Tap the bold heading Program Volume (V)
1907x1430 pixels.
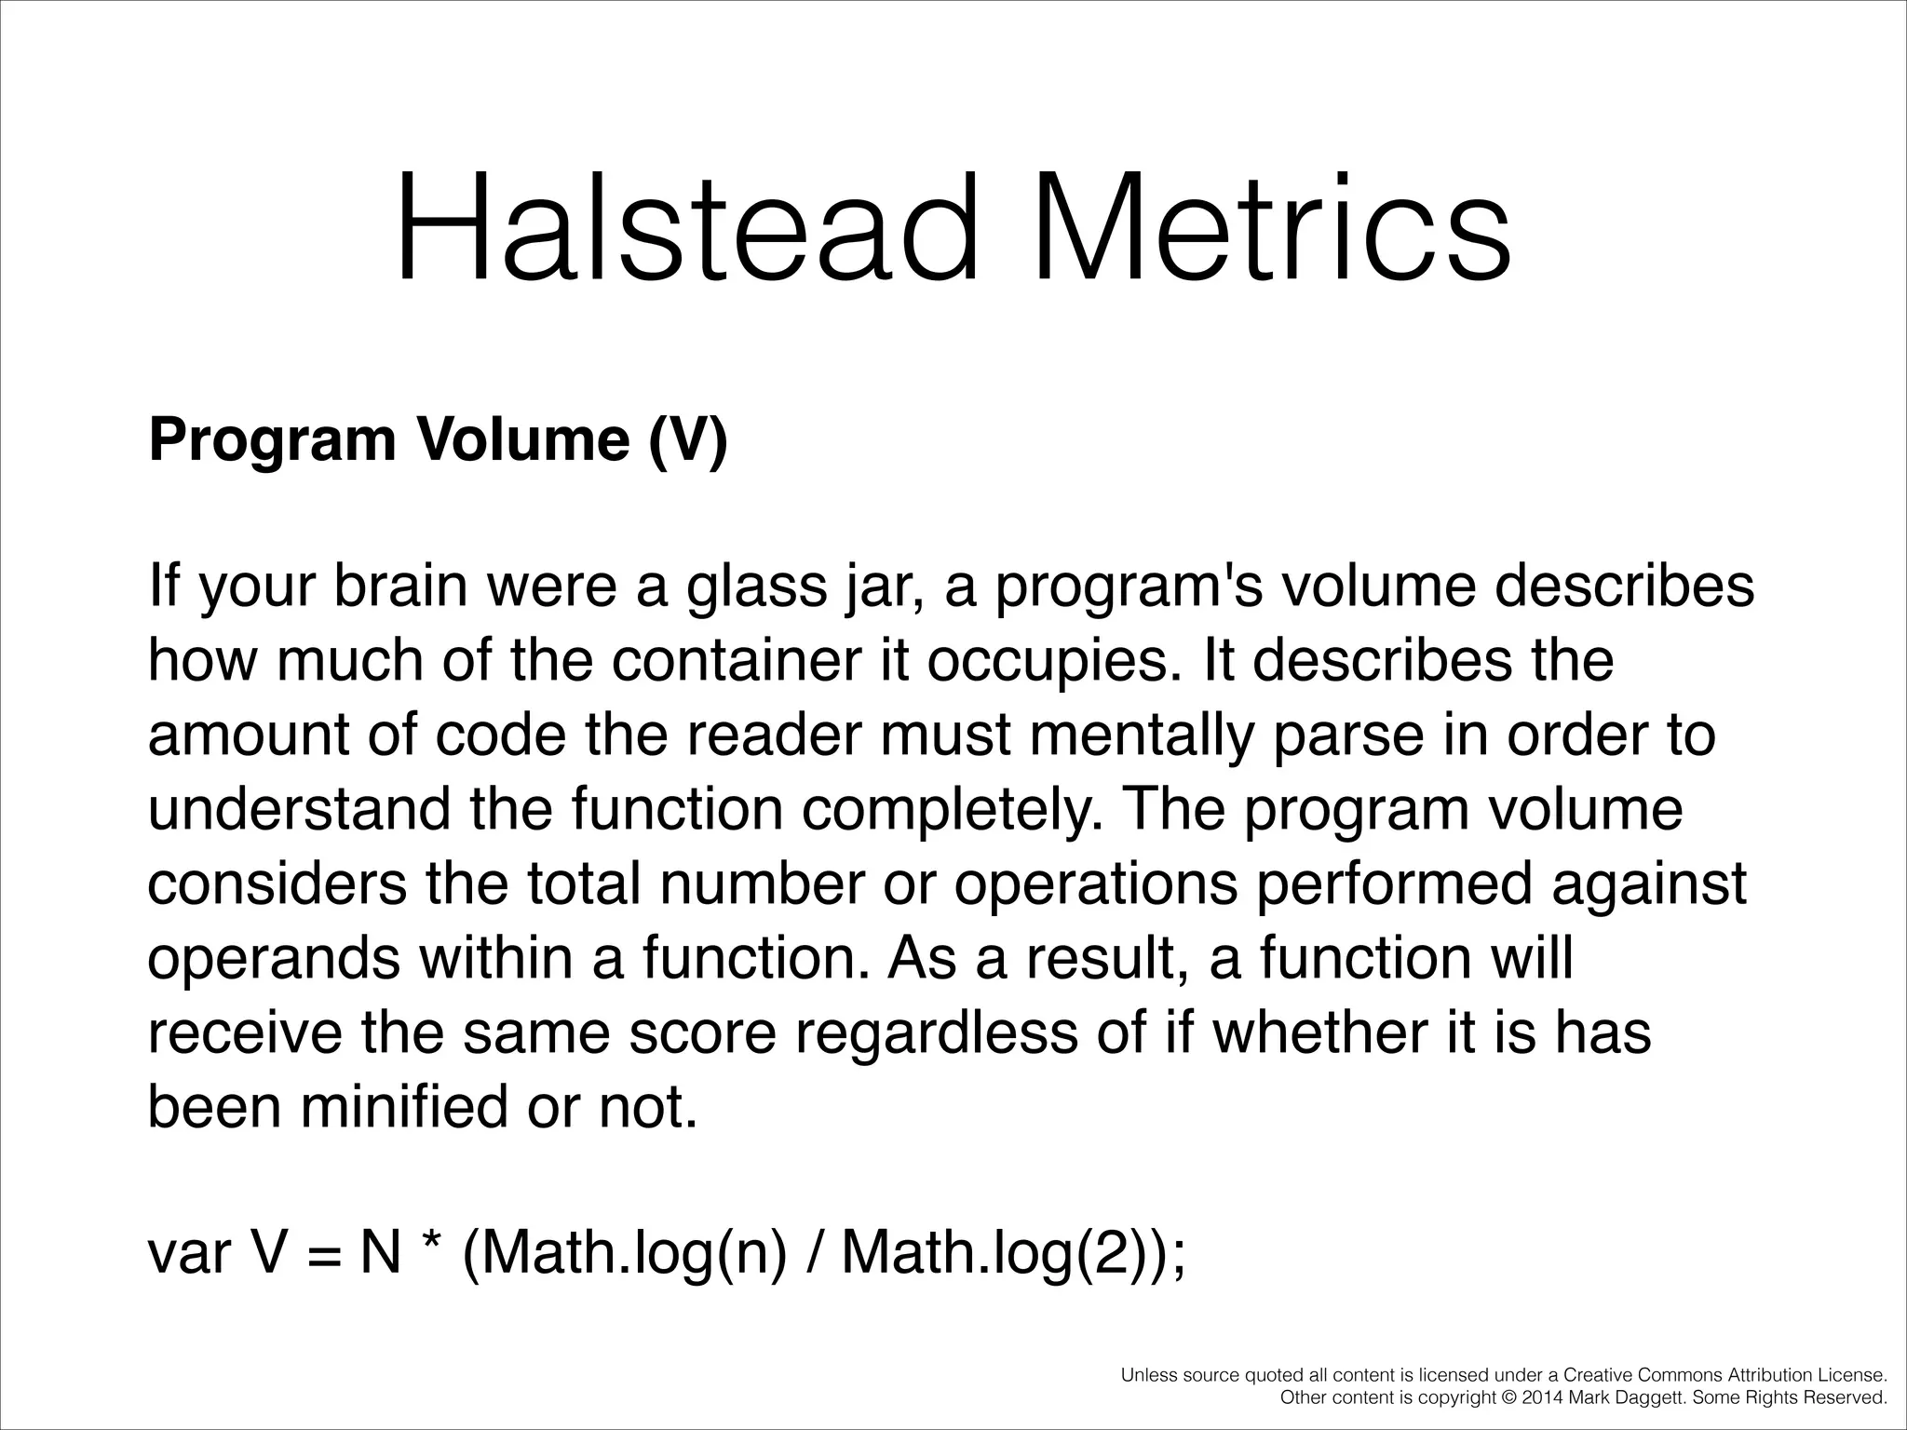point(438,439)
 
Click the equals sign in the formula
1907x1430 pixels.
point(321,1255)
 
